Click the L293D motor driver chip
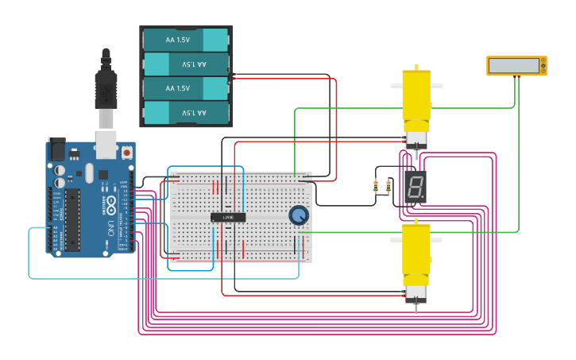pos(228,217)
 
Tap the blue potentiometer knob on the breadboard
pos(298,215)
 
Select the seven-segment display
pos(414,188)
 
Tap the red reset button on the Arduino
pos(126,151)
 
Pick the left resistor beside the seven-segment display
pos(376,187)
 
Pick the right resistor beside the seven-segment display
pos(388,187)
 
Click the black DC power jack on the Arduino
pos(56,149)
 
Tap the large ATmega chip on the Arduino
pos(72,219)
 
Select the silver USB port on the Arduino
pos(106,144)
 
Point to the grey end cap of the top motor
pos(415,140)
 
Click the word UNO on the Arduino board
pos(110,228)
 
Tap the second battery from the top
pos(186,64)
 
